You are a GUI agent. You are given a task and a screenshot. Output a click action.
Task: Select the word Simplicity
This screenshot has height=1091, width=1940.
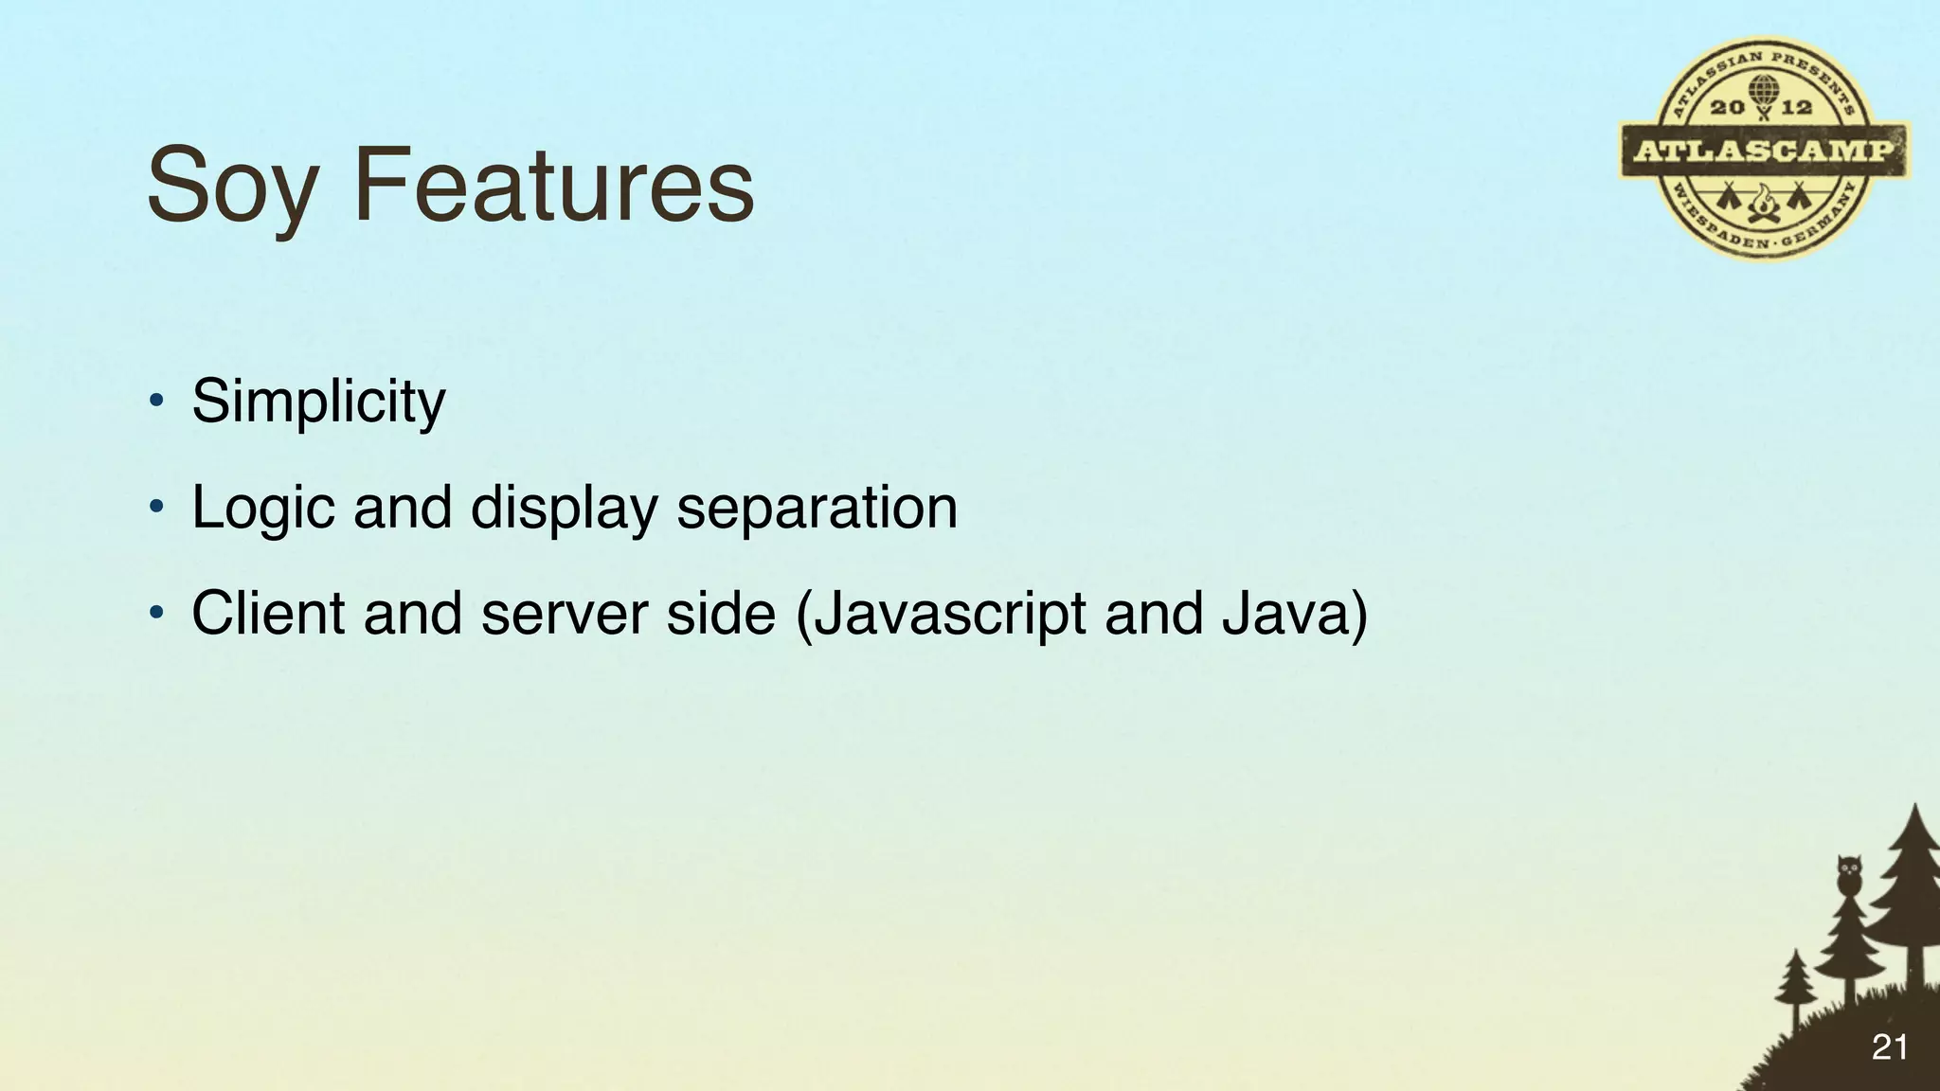click(318, 402)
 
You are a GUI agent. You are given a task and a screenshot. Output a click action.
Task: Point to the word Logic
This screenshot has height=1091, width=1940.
click(263, 509)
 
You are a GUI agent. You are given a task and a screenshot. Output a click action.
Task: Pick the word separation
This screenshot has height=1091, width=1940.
click(817, 509)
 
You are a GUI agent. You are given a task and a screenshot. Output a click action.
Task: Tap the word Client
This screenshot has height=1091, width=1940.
click(268, 613)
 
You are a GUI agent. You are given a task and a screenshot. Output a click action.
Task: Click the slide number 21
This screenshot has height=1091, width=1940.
click(1890, 1046)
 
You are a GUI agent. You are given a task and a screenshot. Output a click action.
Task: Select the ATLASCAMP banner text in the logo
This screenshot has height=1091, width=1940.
click(1764, 151)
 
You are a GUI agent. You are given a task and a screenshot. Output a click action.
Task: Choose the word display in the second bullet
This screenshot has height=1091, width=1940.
click(564, 509)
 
